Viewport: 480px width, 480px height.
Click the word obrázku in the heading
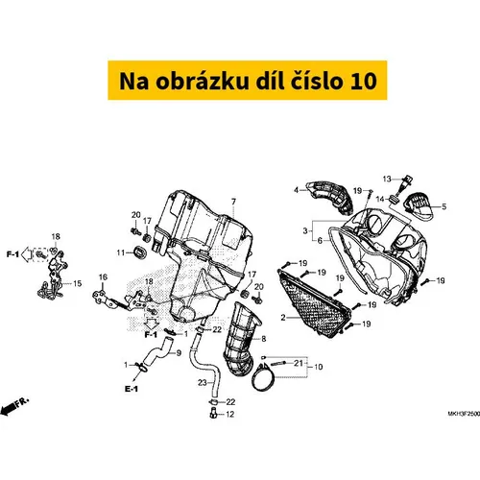pyautogui.click(x=203, y=81)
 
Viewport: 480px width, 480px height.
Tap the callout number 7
pyautogui.click(x=233, y=202)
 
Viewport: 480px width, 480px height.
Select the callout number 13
pyautogui.click(x=387, y=179)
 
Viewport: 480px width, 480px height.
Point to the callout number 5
pyautogui.click(x=444, y=206)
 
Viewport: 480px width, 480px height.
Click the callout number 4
pyautogui.click(x=296, y=190)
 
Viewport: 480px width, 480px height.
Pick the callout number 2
pyautogui.click(x=283, y=318)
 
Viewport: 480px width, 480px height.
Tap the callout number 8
pyautogui.click(x=264, y=339)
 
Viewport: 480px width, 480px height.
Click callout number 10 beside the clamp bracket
pyautogui.click(x=319, y=367)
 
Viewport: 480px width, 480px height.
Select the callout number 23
pyautogui.click(x=203, y=382)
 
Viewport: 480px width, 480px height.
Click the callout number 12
pyautogui.click(x=230, y=414)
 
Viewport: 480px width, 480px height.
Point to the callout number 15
pyautogui.click(x=77, y=283)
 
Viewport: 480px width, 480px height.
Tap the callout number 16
pyautogui.click(x=103, y=277)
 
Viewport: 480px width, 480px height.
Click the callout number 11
pyautogui.click(x=121, y=252)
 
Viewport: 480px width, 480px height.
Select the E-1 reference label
pyautogui.click(x=132, y=389)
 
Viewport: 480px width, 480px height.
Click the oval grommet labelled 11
pyautogui.click(x=139, y=252)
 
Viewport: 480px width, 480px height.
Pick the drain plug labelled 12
pyautogui.click(x=213, y=413)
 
